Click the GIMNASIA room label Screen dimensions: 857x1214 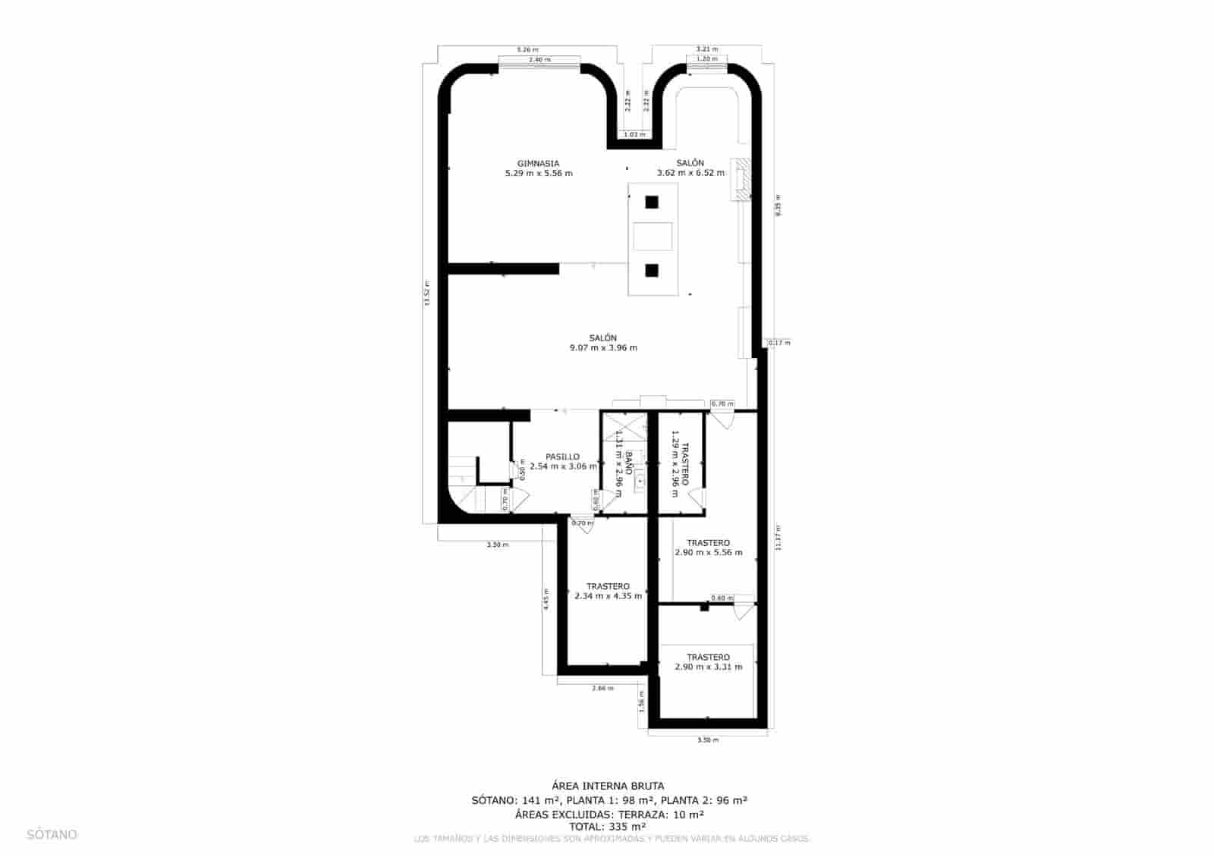[x=538, y=163]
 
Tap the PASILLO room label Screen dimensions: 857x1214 [x=562, y=457]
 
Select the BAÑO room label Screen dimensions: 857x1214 [x=630, y=463]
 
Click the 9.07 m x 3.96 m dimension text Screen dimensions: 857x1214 [x=603, y=348]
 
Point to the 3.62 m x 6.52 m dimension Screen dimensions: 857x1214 [x=690, y=173]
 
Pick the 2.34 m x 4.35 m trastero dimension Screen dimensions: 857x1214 [x=608, y=596]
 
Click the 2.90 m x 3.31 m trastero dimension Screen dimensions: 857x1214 [x=708, y=667]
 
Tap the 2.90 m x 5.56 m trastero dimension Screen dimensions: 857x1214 [x=708, y=553]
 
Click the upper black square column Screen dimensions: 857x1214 [x=651, y=202]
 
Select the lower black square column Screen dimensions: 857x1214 [x=651, y=269]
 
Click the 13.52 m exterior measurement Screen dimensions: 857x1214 [x=427, y=294]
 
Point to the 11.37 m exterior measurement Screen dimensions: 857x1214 [x=778, y=538]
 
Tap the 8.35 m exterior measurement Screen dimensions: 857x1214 [x=778, y=206]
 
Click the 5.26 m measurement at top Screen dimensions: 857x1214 [x=527, y=50]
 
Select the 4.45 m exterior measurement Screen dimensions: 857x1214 [x=546, y=600]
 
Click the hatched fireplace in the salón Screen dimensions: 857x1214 [x=740, y=179]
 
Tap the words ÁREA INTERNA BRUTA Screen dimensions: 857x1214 [x=608, y=786]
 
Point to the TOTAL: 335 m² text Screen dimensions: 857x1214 [x=608, y=827]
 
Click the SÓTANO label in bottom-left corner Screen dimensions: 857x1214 [x=52, y=834]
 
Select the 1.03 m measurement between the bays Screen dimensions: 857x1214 [x=634, y=135]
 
